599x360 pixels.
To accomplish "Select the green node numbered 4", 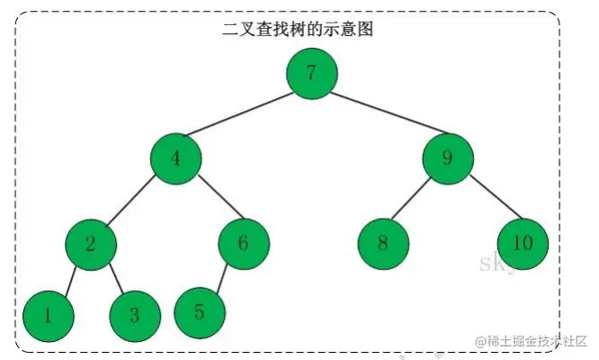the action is [176, 158].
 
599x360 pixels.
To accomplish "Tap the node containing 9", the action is [448, 158].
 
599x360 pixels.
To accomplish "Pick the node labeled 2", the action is [91, 243].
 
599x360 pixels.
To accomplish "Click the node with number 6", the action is [244, 243].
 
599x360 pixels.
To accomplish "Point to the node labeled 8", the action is [383, 243].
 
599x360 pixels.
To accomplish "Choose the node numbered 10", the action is [523, 243].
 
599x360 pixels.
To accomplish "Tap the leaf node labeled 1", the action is [47, 315].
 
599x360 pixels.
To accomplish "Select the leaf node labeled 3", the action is [135, 315].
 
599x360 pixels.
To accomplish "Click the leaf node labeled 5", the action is [200, 312].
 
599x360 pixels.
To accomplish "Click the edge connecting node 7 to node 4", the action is [244, 116].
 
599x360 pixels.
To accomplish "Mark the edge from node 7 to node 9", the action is [380, 116].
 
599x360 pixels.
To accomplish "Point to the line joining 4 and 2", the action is [133, 201].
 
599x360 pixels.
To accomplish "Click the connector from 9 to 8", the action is [416, 201].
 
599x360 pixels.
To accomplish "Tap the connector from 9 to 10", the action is [486, 201].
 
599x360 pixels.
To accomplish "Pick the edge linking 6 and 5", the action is [222, 277].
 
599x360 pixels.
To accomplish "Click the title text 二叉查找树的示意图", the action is [298, 29].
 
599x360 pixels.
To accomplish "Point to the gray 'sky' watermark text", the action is [496, 264].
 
